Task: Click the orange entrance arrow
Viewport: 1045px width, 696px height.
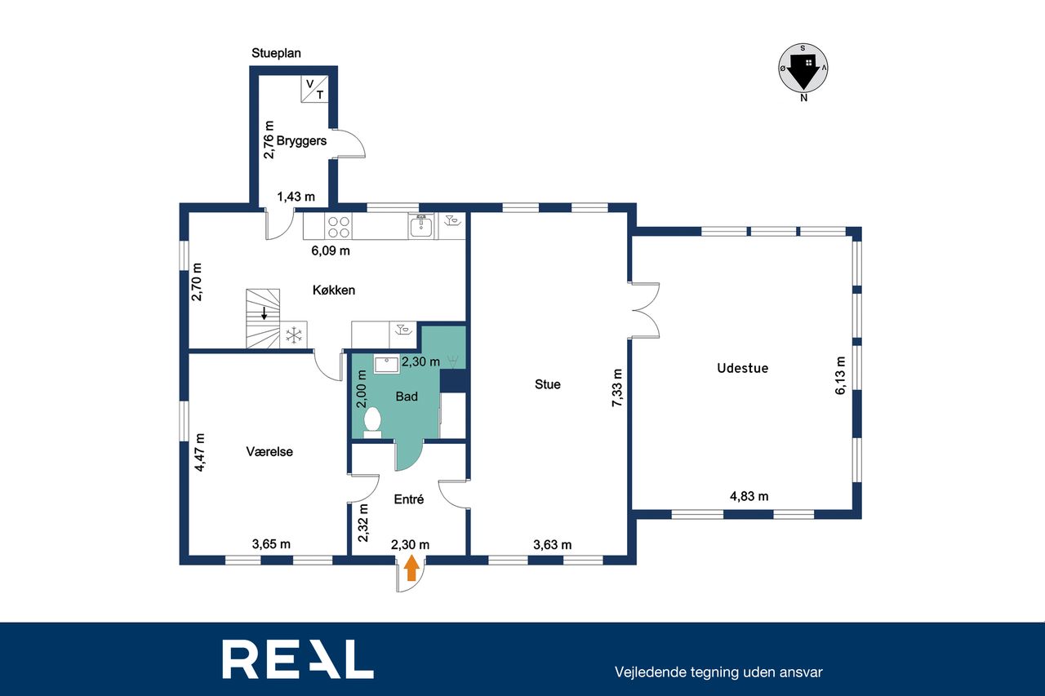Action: pos(411,570)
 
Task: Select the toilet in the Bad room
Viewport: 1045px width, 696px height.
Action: pos(372,423)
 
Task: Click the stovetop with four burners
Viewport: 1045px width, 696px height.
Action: pos(338,227)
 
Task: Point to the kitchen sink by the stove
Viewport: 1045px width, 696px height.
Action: pos(421,227)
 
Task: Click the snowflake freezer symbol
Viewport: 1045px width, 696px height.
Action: pos(293,335)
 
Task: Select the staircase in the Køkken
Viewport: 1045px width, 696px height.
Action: pos(263,318)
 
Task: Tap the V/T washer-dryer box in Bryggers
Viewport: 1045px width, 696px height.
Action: pos(314,89)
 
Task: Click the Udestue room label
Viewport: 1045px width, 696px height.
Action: pos(743,368)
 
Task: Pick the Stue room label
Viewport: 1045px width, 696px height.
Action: pos(548,384)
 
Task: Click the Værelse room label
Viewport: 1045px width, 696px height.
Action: pos(269,452)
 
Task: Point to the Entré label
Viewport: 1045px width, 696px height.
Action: pos(409,499)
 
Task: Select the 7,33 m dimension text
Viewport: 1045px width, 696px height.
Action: pos(617,388)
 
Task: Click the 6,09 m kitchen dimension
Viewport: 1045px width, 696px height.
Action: pos(331,250)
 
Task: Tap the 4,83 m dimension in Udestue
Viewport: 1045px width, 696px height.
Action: pos(749,496)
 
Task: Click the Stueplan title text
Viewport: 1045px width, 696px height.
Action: pos(276,53)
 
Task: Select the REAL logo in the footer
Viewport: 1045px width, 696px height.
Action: pos(298,659)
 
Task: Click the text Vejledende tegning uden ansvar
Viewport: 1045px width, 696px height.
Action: pos(718,672)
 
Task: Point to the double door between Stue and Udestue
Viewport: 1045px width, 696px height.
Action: pos(644,310)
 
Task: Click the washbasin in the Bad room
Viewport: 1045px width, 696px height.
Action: pos(387,366)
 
